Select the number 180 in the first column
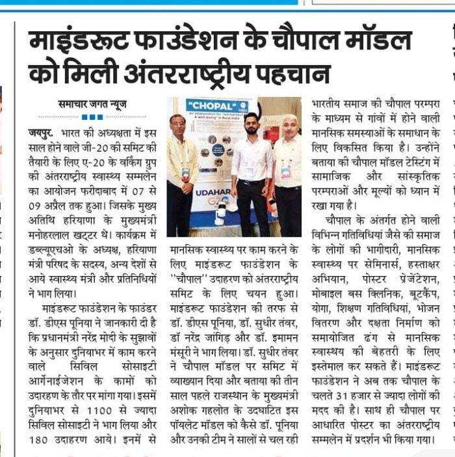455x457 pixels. pos(44,438)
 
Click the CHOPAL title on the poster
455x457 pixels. pos(207,105)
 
